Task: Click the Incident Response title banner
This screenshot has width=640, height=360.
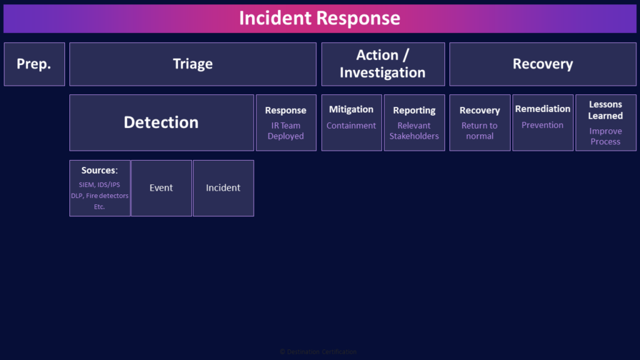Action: (x=319, y=18)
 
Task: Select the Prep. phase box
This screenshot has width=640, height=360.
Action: (x=34, y=64)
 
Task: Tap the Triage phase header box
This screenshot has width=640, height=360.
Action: (x=192, y=64)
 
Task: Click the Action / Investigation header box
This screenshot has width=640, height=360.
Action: (x=382, y=64)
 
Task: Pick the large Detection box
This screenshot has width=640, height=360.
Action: (x=161, y=122)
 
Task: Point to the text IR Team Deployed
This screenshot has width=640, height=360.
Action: (x=286, y=131)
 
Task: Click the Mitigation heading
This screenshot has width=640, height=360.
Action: (x=351, y=109)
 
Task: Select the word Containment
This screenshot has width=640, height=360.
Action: (x=351, y=126)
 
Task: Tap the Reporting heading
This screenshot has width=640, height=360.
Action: (x=414, y=111)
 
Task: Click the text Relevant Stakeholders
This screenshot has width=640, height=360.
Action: (x=414, y=131)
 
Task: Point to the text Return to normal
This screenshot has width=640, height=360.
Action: (x=480, y=131)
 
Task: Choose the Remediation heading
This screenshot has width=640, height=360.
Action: (x=542, y=109)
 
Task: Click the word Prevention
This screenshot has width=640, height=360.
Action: (x=542, y=125)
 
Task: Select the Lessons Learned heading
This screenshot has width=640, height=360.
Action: (x=606, y=110)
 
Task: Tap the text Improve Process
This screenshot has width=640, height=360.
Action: (x=606, y=136)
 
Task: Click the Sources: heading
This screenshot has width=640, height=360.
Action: (x=99, y=170)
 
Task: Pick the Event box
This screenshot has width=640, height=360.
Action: (x=161, y=188)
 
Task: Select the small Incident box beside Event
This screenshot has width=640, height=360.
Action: (x=223, y=188)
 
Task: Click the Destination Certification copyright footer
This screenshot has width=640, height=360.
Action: (x=318, y=352)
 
